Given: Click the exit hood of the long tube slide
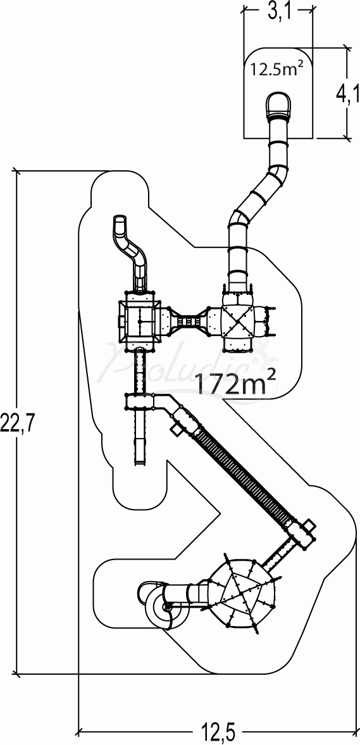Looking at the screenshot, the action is [278, 105].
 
